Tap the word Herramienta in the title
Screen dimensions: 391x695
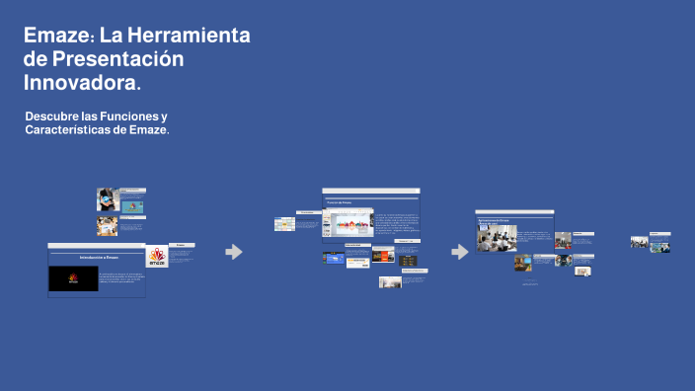point(191,36)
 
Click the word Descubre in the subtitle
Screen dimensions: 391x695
point(53,117)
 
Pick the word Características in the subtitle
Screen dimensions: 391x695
point(68,130)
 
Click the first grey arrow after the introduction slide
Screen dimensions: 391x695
point(234,252)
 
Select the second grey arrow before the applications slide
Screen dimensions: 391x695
point(460,252)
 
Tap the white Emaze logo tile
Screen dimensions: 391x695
point(157,257)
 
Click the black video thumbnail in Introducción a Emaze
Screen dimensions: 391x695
point(73,278)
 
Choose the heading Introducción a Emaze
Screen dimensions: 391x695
point(99,257)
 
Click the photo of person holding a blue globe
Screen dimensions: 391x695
point(107,199)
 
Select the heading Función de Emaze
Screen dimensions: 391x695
point(340,202)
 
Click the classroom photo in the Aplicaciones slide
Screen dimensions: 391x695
point(498,238)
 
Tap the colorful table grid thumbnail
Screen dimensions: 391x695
point(284,224)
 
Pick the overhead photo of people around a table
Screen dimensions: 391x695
point(107,226)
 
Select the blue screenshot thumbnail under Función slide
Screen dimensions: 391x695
point(333,258)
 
